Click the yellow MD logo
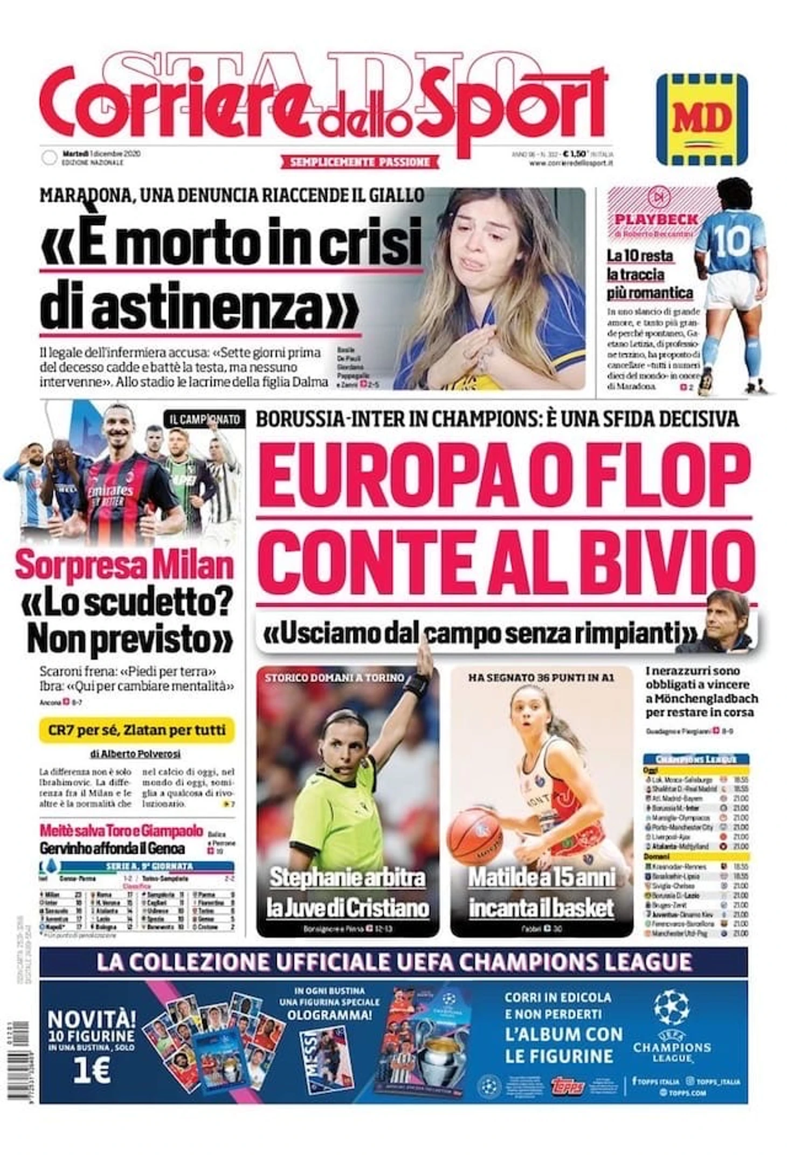coord(701,119)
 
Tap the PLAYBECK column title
coord(656,219)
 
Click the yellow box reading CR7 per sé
coord(137,730)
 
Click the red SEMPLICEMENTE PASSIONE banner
coord(360,162)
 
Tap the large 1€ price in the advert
coord(92,1071)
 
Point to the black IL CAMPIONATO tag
coord(205,420)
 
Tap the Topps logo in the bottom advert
coord(568,1087)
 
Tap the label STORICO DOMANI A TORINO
coord(334,677)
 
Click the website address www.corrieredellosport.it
coord(571,163)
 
